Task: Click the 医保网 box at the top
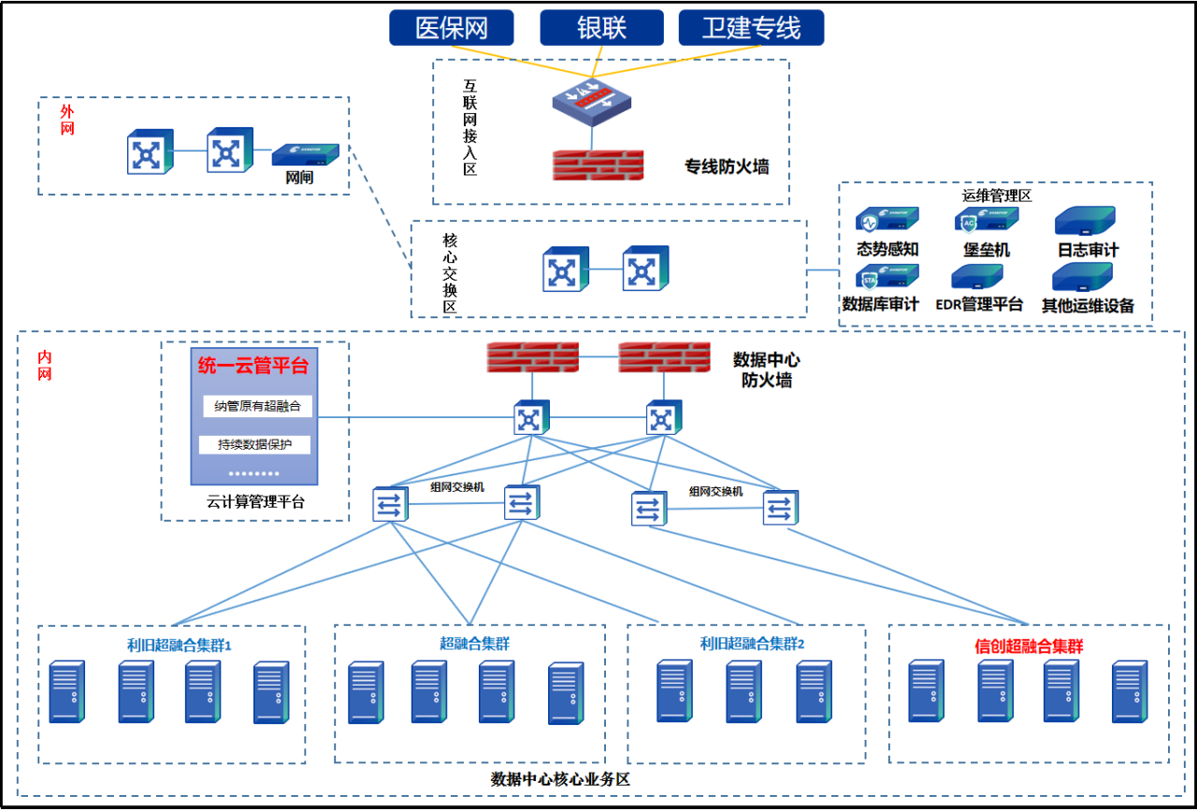tap(452, 27)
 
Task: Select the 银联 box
tap(601, 27)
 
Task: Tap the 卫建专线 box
tap(751, 27)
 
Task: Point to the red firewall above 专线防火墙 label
tap(598, 166)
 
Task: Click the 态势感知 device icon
tap(887, 221)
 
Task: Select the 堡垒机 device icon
tap(987, 221)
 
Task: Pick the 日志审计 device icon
tap(1085, 221)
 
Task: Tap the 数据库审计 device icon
tap(887, 277)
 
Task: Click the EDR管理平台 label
tap(979, 305)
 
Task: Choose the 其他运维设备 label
tap(1088, 305)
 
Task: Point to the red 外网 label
tap(67, 120)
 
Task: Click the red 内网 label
tap(44, 366)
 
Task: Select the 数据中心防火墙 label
tap(766, 369)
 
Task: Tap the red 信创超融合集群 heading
tap(1029, 646)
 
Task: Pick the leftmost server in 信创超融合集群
tap(926, 691)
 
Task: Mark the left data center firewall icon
tap(532, 357)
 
